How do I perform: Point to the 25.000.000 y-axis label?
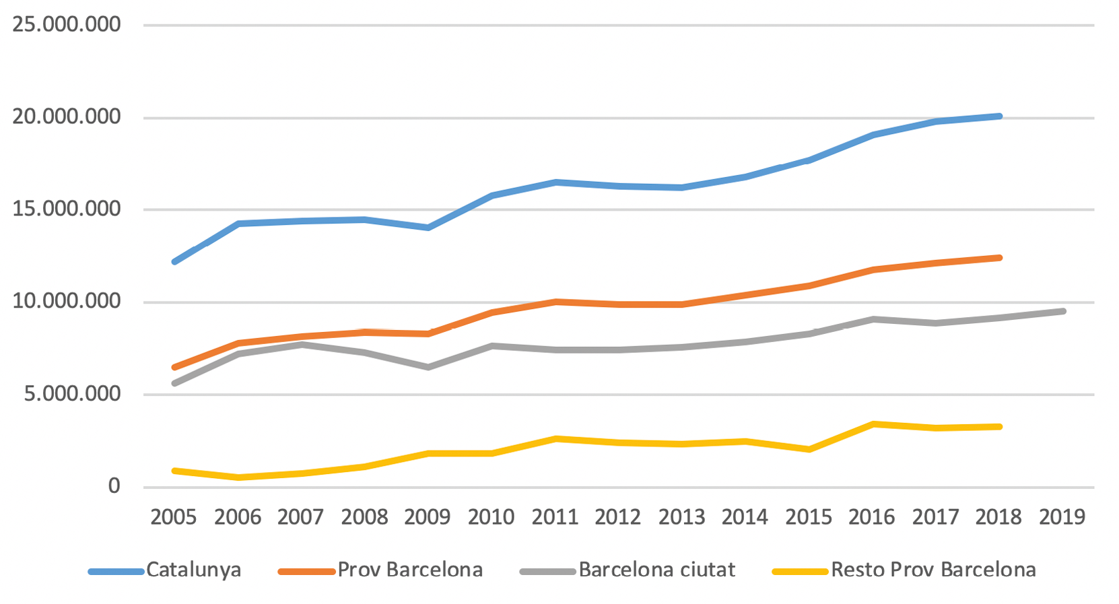[66, 25]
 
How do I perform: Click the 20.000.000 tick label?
[66, 117]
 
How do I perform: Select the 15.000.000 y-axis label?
[66, 209]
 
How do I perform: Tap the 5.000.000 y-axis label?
[72, 394]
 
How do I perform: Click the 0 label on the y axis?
[114, 486]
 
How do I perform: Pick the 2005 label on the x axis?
[174, 517]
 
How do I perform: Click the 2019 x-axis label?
[1062, 517]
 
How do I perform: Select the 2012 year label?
[618, 517]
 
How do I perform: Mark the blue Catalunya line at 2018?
[999, 116]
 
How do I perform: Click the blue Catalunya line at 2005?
[174, 261]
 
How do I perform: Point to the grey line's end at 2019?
[1063, 311]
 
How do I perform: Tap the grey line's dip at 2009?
[428, 367]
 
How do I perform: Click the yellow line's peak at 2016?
[873, 424]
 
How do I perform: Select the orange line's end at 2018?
[999, 258]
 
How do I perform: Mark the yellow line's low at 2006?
[238, 477]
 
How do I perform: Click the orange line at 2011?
[555, 302]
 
